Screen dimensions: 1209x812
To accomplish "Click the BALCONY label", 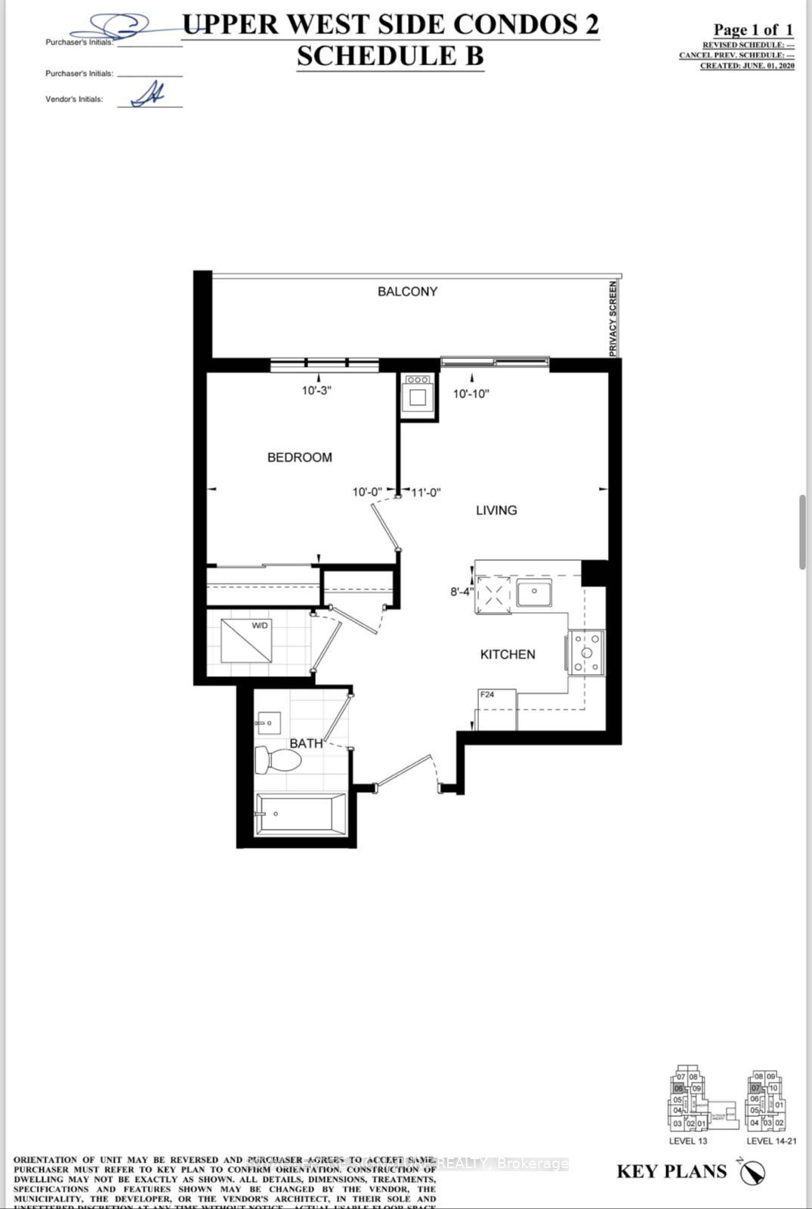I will click(x=407, y=292).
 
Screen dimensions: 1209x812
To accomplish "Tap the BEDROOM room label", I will click(x=299, y=457).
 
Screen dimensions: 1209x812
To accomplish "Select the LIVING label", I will click(x=496, y=510).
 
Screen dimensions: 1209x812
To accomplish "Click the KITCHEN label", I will click(x=508, y=654).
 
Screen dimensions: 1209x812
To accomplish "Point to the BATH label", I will click(x=306, y=744).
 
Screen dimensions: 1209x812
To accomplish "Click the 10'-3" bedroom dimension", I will click(x=317, y=391).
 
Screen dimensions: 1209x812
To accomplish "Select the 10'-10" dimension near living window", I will click(x=471, y=394).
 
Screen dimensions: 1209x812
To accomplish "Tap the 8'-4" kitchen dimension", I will click(x=462, y=592).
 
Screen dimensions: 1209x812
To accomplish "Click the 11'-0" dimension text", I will click(x=426, y=492).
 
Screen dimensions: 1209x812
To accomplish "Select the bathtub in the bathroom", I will click(x=301, y=815).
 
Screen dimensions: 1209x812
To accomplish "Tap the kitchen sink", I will click(x=534, y=594).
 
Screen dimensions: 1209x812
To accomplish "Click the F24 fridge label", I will click(x=487, y=694).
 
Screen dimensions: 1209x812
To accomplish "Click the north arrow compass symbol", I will click(x=752, y=1172).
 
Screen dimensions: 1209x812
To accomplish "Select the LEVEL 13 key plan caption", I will click(x=687, y=1141).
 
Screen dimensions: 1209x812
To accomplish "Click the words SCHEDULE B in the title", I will click(x=390, y=57).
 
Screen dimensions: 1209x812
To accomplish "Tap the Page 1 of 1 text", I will click(x=753, y=30).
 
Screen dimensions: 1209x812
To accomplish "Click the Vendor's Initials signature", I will click(x=149, y=95).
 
